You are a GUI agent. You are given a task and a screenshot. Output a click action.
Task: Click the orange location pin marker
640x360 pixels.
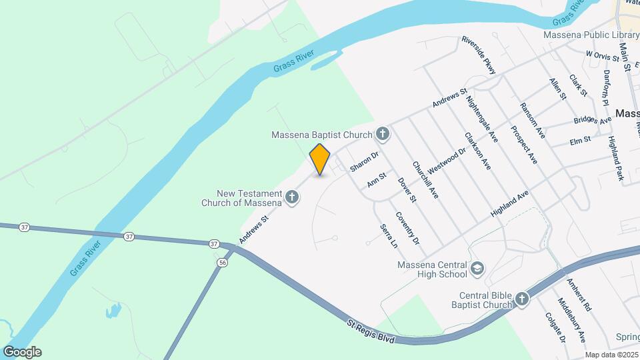(x=320, y=159)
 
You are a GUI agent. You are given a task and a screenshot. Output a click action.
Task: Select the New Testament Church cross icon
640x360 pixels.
(x=292, y=197)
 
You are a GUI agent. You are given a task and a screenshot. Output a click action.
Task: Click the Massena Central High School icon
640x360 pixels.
(x=477, y=269)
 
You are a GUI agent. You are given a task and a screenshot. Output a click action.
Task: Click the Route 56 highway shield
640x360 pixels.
(x=221, y=263)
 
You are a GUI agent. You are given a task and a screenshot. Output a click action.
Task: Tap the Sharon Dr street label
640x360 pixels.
(x=364, y=161)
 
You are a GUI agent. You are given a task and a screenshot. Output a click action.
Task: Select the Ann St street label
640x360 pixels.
(x=377, y=180)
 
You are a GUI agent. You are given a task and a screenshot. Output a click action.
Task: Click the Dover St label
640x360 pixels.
(x=407, y=189)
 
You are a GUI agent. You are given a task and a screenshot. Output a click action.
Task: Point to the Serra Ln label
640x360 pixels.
(x=389, y=236)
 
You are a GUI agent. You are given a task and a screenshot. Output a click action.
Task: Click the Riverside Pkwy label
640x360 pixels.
(x=479, y=55)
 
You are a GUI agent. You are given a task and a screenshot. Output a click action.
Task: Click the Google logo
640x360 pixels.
(x=22, y=352)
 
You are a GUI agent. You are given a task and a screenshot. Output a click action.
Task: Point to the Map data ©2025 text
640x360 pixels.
(x=611, y=355)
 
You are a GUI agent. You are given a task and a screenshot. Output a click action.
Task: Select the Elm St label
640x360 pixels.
(x=580, y=140)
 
